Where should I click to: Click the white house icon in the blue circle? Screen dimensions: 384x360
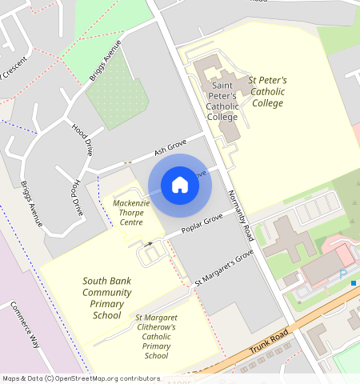point(180,185)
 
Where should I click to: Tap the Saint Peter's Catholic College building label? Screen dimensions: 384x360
point(222,101)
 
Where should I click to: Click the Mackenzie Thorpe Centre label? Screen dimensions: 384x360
point(131,213)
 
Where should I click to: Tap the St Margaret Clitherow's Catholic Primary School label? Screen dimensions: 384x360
point(156,336)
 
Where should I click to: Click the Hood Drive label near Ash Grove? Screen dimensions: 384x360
point(83,139)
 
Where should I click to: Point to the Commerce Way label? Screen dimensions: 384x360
point(24,324)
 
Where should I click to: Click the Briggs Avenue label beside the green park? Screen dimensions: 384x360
point(106,60)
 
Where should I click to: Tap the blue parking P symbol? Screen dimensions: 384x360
point(343,274)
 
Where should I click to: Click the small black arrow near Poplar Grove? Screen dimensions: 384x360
point(150,242)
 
